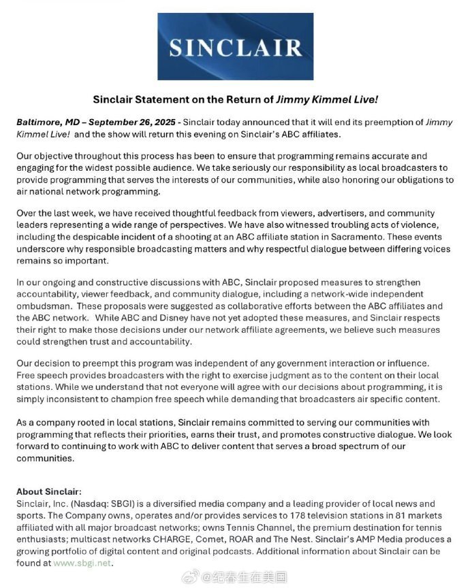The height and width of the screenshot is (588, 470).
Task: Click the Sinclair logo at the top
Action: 235,47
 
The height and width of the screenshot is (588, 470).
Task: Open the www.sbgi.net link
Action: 82,563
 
